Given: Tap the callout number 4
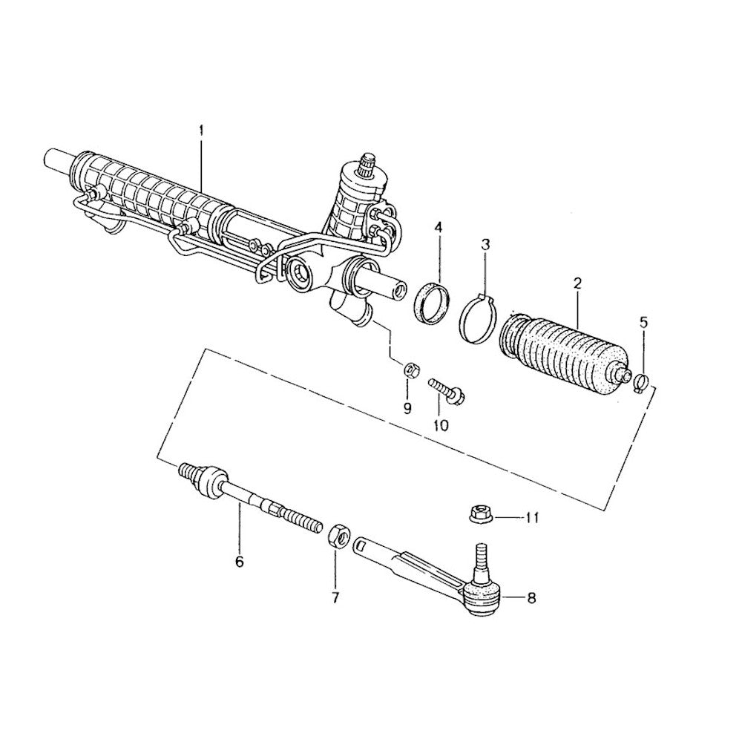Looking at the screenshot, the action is pyautogui.click(x=439, y=228).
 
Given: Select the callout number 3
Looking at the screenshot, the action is pyautogui.click(x=485, y=245).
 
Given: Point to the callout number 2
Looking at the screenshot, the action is pyautogui.click(x=577, y=284).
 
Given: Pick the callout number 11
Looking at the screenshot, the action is pyautogui.click(x=531, y=518).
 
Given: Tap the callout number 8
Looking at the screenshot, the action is pyautogui.click(x=531, y=598).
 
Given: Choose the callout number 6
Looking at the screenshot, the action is pyautogui.click(x=239, y=562).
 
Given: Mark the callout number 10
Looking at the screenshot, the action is pyautogui.click(x=440, y=425).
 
